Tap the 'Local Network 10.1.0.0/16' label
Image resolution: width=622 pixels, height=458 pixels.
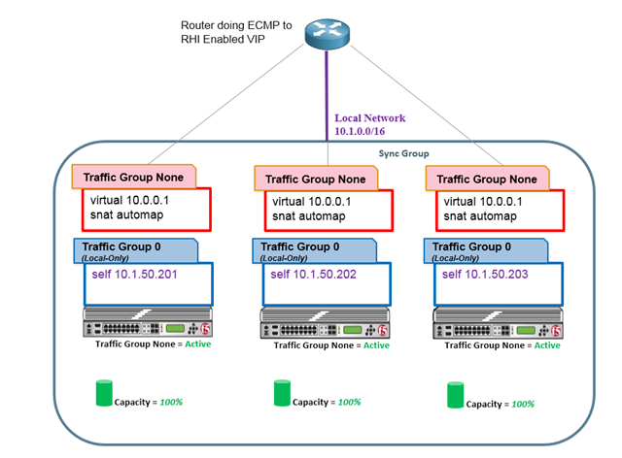click(369, 123)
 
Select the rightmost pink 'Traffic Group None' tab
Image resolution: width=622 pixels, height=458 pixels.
click(487, 179)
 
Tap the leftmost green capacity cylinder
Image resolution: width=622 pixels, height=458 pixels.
click(104, 394)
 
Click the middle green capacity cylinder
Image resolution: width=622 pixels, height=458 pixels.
click(282, 393)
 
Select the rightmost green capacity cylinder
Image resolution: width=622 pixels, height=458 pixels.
click(456, 394)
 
